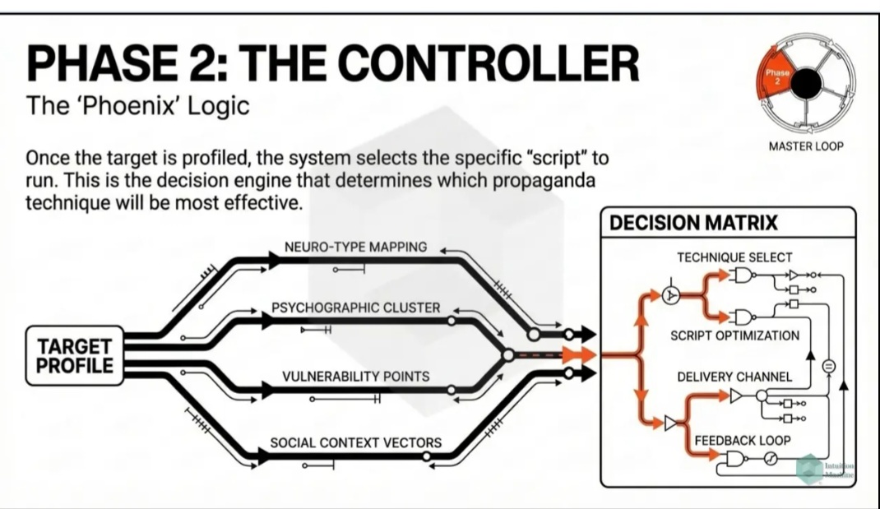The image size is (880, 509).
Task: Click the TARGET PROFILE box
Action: click(x=74, y=355)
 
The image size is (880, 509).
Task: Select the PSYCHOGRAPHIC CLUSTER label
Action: click(x=355, y=308)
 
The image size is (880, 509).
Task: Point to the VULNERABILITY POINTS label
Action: click(x=355, y=377)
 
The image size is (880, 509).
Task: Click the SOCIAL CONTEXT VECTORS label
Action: click(x=355, y=442)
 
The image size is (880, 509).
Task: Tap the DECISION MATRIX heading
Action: click(x=693, y=223)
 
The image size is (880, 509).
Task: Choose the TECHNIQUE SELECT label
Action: click(x=734, y=257)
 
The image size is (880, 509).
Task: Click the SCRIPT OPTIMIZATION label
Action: click(x=734, y=335)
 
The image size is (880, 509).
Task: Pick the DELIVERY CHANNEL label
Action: click(x=734, y=377)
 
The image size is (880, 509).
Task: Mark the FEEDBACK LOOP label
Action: click(x=742, y=440)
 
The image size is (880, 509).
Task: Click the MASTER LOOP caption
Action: click(x=806, y=146)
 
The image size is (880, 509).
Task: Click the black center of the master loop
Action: click(x=806, y=82)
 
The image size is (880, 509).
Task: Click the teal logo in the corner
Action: click(x=810, y=469)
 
